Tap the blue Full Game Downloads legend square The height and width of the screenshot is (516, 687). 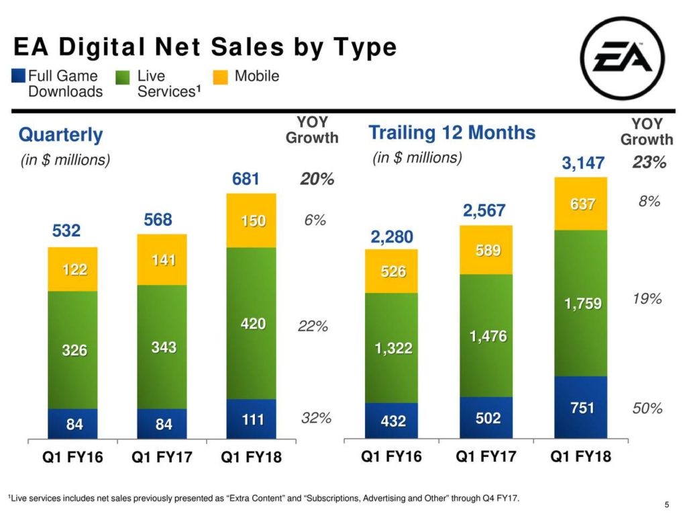click(19, 76)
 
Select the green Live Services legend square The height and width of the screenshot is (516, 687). click(123, 76)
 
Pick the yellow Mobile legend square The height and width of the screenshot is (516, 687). click(220, 76)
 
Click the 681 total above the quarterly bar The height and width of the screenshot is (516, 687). click(246, 179)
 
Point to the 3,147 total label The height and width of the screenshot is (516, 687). click(583, 163)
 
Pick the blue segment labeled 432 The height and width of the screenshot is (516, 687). click(392, 421)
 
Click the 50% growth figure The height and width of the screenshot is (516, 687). click(648, 408)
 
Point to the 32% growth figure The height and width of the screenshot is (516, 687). click(316, 418)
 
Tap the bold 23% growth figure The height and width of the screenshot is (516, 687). click(649, 163)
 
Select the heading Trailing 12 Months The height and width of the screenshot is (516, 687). click(452, 132)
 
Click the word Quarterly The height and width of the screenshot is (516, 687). click(60, 135)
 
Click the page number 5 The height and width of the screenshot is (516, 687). click(667, 505)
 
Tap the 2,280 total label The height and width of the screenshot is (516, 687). click(392, 236)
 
